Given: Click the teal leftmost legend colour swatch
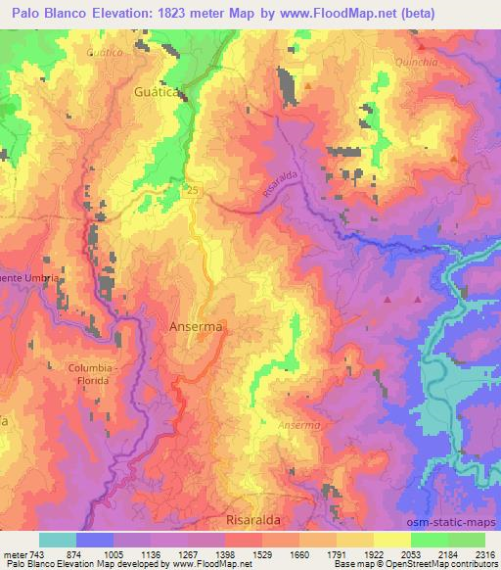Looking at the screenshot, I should click(58, 540).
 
